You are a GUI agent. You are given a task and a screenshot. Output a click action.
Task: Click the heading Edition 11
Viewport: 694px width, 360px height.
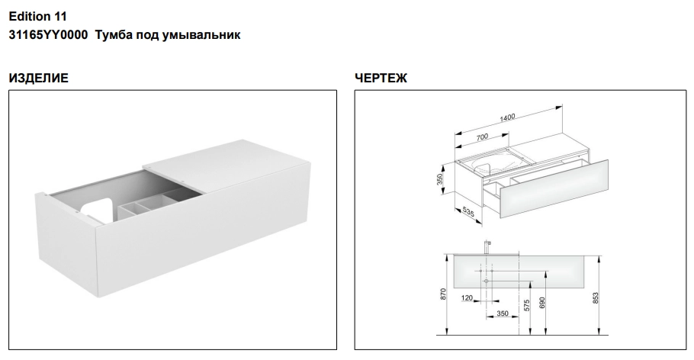click(37, 16)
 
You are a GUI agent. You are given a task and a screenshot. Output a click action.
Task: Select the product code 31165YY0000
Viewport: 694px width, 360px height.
click(48, 35)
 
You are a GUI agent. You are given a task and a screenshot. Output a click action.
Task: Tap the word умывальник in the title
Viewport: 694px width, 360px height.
click(201, 35)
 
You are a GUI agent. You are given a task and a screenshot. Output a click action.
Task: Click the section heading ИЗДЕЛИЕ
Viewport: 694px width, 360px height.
click(38, 79)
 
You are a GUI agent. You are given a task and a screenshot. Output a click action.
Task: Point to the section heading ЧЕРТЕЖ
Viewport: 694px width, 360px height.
click(381, 79)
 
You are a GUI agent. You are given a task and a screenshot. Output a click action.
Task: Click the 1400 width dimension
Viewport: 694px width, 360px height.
click(507, 117)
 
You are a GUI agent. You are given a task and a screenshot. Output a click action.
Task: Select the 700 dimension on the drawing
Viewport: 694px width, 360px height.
click(482, 137)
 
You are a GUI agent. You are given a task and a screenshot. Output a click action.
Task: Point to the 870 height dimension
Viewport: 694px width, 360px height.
click(444, 294)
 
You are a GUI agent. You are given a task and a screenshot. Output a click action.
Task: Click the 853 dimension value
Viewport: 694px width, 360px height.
click(596, 297)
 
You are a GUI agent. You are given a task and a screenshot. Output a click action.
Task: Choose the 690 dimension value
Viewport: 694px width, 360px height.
click(542, 303)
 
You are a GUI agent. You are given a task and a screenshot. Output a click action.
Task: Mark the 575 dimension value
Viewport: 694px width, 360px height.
click(526, 306)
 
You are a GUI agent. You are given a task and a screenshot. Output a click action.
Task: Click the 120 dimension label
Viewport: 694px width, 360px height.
click(467, 298)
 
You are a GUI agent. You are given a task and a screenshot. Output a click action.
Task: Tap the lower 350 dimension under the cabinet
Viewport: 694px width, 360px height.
click(503, 313)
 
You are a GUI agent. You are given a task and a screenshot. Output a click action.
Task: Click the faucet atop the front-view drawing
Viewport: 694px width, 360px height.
click(487, 247)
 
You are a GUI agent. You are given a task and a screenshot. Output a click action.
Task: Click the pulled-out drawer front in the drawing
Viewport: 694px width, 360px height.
click(554, 188)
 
